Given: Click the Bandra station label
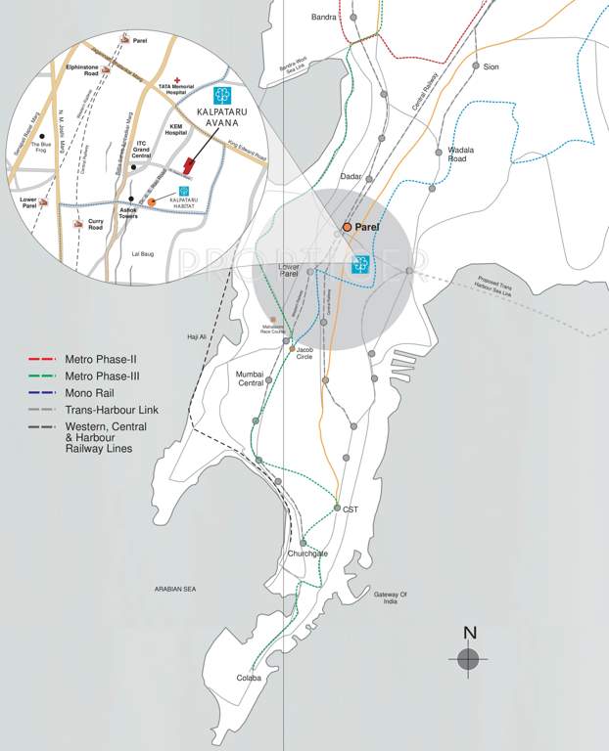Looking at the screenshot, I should tap(324, 17).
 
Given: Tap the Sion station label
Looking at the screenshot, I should tap(492, 66).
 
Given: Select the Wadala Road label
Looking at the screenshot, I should tap(461, 155).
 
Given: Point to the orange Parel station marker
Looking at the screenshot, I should tap(347, 227).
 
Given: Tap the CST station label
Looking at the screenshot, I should tap(351, 509).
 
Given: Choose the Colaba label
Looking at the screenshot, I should tap(250, 678).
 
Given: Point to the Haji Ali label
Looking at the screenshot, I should tap(199, 337).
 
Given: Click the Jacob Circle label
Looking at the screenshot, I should tap(305, 354).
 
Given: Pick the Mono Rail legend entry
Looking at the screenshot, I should tap(91, 393).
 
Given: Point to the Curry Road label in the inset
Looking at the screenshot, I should tap(95, 225).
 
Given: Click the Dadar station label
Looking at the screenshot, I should tap(351, 176).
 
